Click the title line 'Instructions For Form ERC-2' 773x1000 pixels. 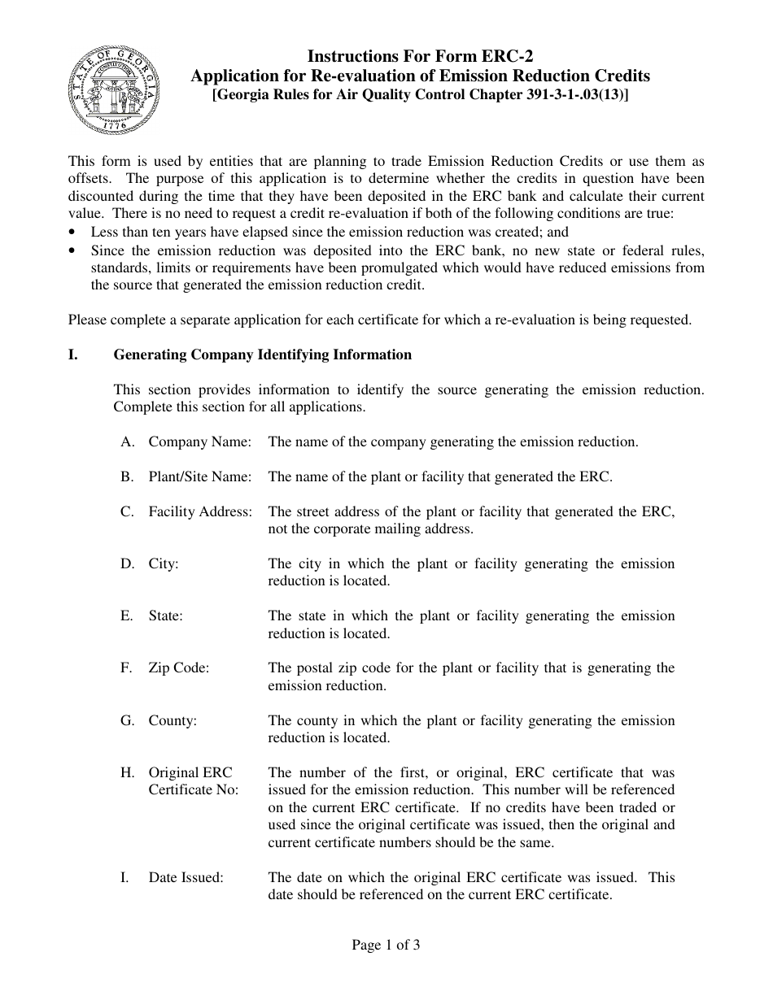point(420,57)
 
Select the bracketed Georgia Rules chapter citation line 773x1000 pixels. point(420,94)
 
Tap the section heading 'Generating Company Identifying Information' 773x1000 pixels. point(262,354)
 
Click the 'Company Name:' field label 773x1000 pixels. point(199,441)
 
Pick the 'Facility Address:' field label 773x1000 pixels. point(200,511)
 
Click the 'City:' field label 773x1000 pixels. point(164,563)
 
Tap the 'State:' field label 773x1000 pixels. point(165,615)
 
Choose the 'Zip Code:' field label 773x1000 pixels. point(178,667)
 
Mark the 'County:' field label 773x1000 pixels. point(173,720)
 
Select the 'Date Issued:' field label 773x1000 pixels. point(186,877)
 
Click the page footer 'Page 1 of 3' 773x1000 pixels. point(386,945)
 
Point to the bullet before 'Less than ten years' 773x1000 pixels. point(73,232)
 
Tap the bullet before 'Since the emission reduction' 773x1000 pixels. point(73,250)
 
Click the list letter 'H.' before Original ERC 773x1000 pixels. point(127,772)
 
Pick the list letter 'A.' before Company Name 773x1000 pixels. point(127,441)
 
